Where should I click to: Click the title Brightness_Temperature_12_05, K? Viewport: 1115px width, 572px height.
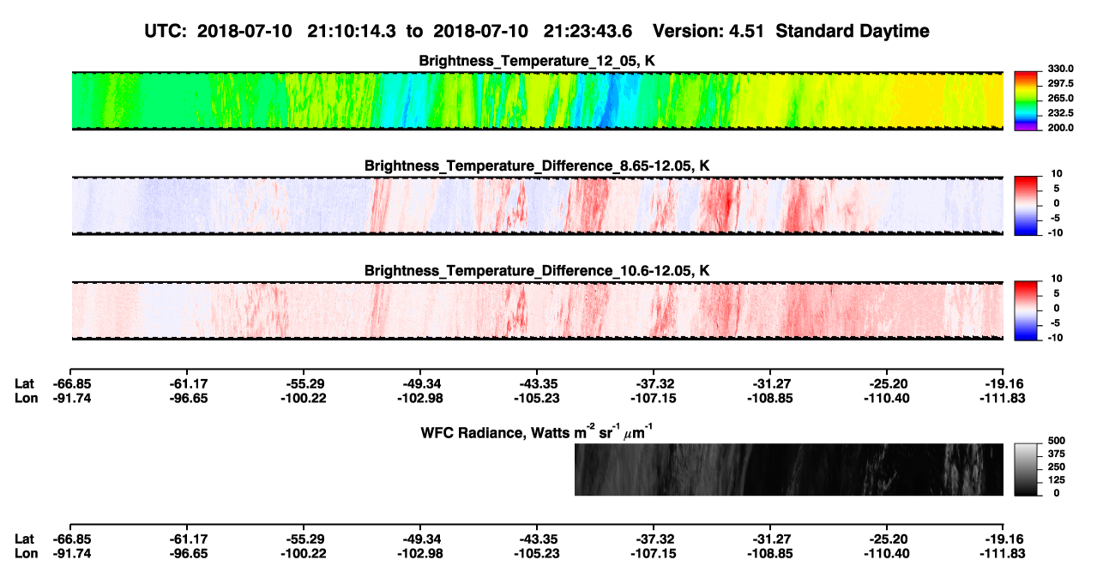537,61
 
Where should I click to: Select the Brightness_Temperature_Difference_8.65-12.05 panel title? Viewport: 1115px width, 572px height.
537,166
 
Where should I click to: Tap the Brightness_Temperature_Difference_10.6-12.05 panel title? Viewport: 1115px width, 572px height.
537,271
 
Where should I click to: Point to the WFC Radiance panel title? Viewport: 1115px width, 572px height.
537,431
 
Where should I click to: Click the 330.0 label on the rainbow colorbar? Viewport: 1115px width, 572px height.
1060,69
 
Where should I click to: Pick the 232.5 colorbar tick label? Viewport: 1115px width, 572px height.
1060,113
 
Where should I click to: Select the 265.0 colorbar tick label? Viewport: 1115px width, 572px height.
1060,98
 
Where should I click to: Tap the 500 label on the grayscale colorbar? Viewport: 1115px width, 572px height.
1057,441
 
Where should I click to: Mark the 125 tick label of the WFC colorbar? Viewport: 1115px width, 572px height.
1057,480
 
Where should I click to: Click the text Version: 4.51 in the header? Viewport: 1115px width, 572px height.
708,32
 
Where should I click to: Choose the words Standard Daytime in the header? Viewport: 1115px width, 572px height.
853,32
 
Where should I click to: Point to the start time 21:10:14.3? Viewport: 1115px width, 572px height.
352,32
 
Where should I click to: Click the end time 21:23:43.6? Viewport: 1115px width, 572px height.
588,32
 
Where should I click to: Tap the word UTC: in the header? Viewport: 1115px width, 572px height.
166,32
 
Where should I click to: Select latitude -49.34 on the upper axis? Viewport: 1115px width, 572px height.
420,384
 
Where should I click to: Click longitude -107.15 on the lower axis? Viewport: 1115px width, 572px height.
653,554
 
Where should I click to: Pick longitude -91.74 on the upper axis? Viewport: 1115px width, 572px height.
72,398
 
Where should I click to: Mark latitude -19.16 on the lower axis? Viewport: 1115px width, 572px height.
1003,539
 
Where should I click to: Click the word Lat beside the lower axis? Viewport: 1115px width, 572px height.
24,539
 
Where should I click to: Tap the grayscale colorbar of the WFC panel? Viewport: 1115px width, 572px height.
1026,469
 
